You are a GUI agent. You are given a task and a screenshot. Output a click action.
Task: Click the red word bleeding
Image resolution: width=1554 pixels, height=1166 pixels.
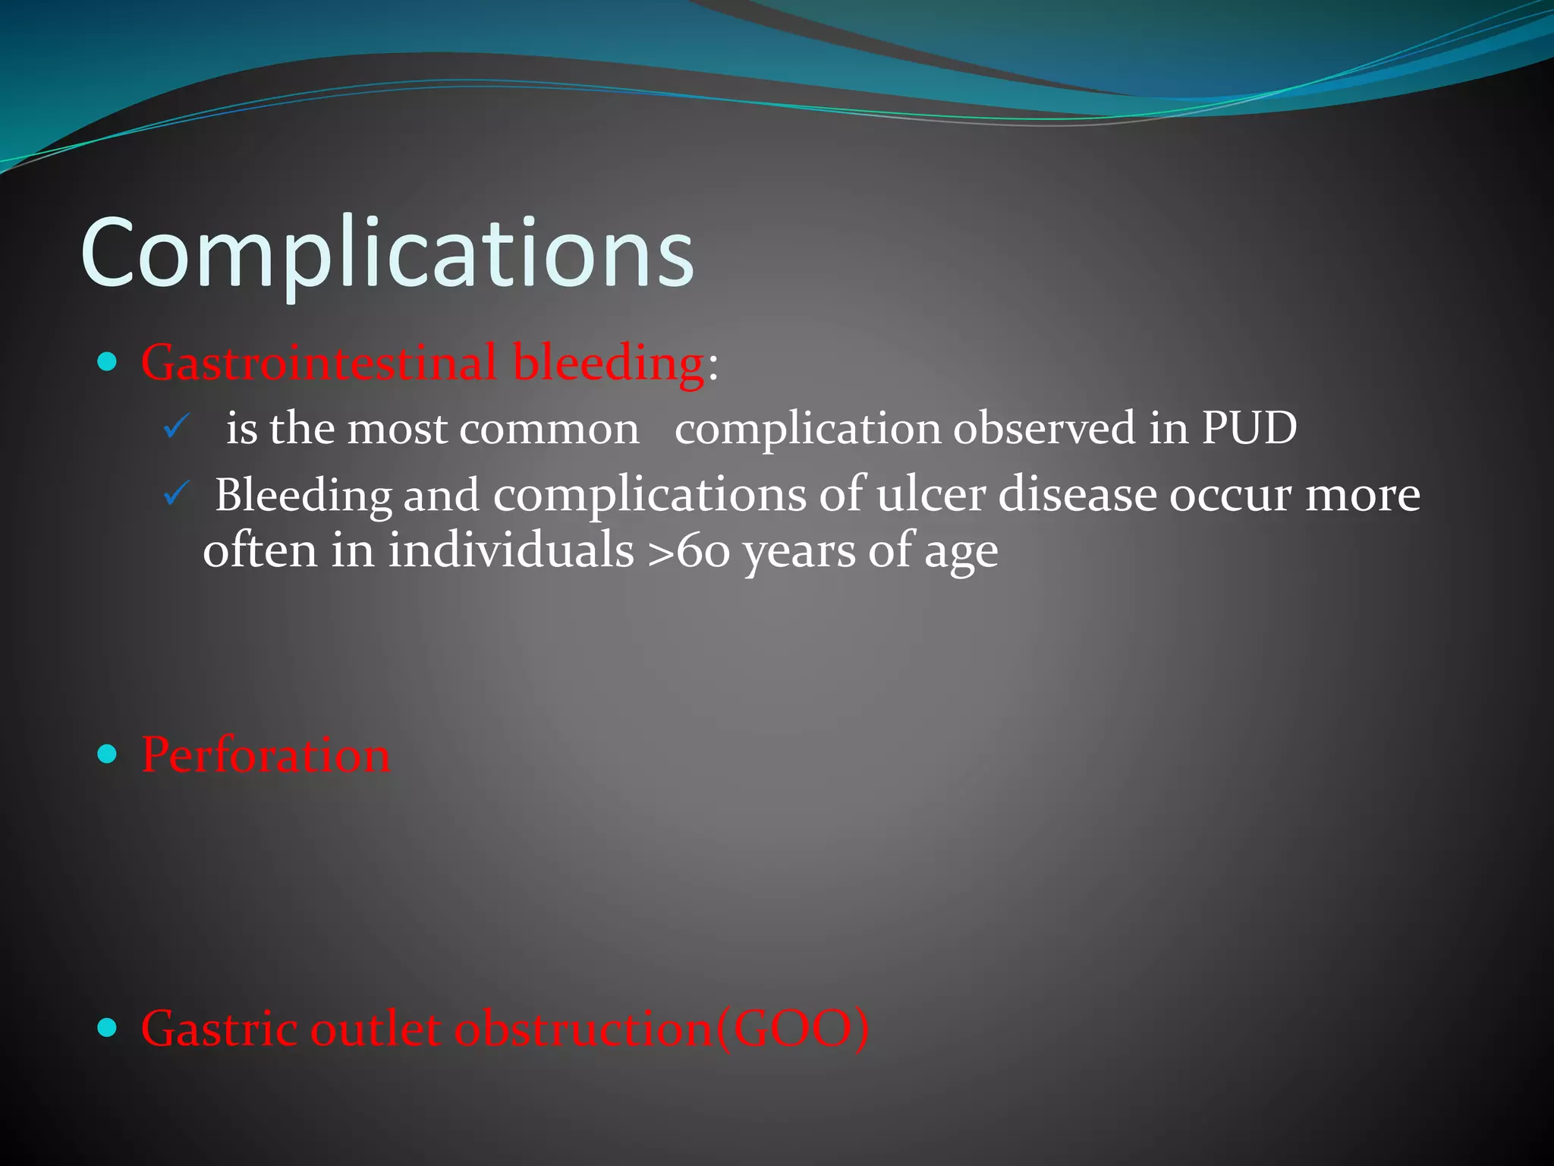coord(609,363)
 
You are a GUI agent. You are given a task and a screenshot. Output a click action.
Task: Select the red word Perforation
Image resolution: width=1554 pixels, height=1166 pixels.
coord(266,755)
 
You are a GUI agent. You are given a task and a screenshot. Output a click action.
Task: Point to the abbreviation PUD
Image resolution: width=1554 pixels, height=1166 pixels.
coord(1249,428)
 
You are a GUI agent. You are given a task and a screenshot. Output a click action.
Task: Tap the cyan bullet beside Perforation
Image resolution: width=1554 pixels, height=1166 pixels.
coord(108,754)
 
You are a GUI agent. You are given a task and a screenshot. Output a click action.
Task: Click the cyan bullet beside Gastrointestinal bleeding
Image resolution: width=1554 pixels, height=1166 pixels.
coord(108,361)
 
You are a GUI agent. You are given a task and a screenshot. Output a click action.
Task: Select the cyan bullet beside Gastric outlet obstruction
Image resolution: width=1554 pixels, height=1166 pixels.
coord(108,1028)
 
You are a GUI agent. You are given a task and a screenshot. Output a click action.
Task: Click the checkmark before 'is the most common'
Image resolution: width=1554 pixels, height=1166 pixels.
coord(175,428)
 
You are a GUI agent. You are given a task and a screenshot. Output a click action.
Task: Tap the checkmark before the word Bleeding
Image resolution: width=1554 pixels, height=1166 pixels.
coord(175,495)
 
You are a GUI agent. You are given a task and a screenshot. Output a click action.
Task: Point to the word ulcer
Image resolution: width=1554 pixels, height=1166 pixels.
coord(930,495)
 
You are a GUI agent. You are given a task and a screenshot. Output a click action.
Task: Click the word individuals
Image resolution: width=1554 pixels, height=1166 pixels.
coord(511,550)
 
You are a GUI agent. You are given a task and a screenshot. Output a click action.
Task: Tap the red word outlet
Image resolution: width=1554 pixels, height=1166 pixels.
coord(376,1029)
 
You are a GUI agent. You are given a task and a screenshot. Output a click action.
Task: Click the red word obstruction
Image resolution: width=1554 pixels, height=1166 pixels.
coord(583,1029)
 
